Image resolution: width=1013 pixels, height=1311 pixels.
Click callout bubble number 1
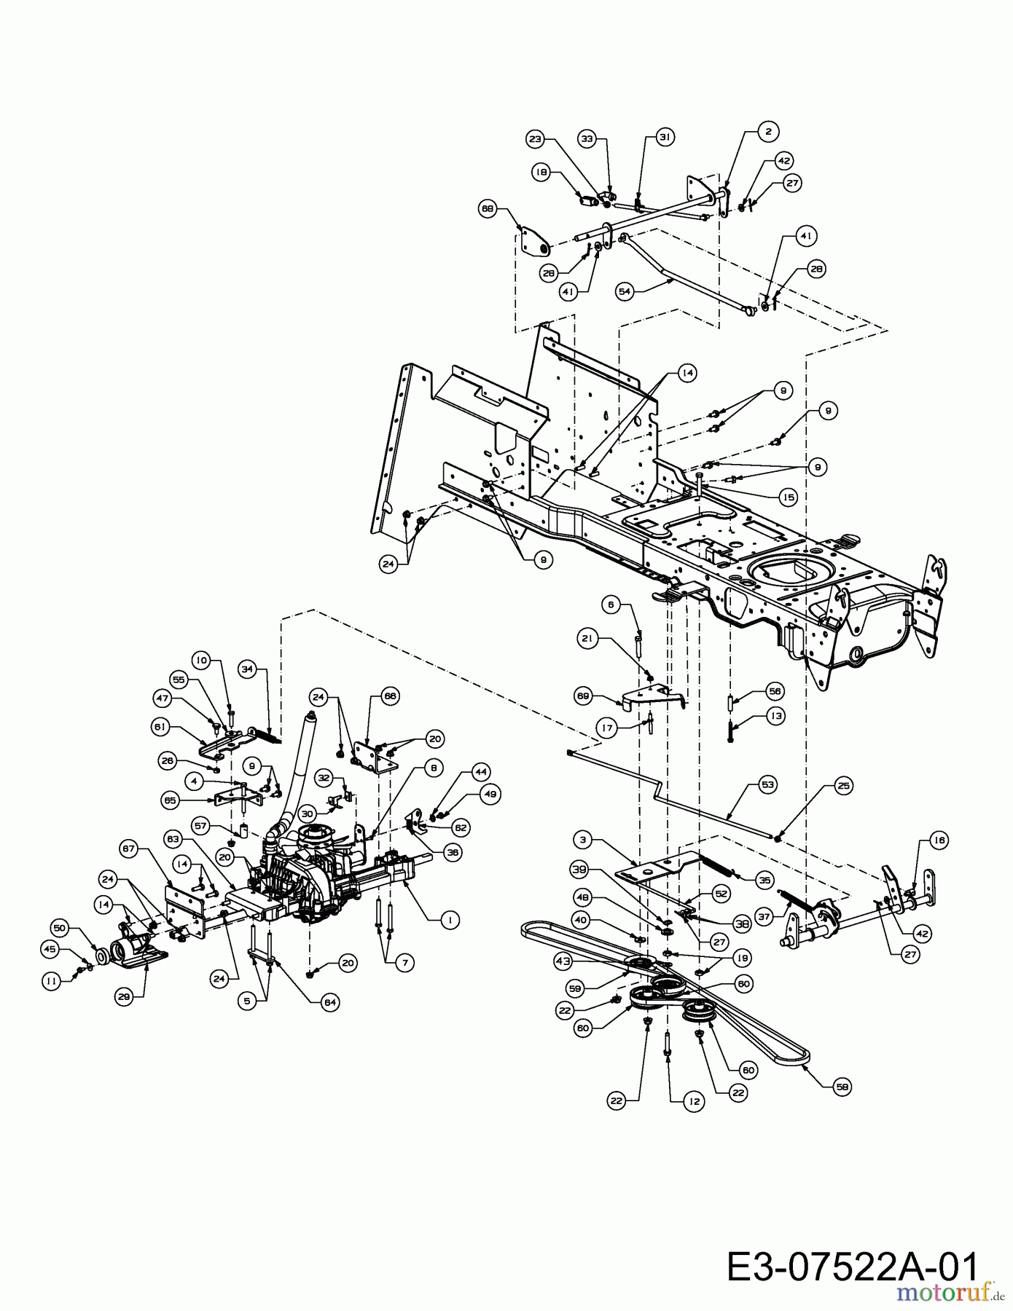[x=450, y=920]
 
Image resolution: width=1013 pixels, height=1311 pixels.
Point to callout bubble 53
[x=767, y=784]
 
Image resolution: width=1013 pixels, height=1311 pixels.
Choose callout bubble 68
[x=488, y=209]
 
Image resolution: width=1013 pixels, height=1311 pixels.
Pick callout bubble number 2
[x=767, y=132]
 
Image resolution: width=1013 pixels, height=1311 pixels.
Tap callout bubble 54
[x=624, y=291]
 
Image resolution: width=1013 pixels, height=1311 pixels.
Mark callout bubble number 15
[x=788, y=497]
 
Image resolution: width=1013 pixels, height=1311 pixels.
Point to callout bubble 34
[x=248, y=668]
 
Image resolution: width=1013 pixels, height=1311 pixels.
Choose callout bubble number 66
[x=391, y=697]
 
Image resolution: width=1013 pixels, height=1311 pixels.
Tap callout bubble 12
[x=693, y=1102]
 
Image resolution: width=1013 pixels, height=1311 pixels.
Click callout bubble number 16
[x=939, y=840]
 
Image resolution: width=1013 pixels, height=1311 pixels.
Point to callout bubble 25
[x=843, y=786]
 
